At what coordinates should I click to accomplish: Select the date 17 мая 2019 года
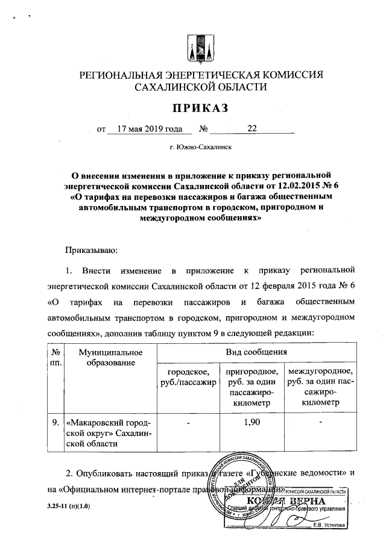tap(150, 128)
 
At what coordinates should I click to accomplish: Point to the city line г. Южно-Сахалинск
tap(201, 146)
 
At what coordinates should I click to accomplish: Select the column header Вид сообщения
tap(256, 351)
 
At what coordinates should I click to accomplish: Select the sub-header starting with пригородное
tap(250, 387)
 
